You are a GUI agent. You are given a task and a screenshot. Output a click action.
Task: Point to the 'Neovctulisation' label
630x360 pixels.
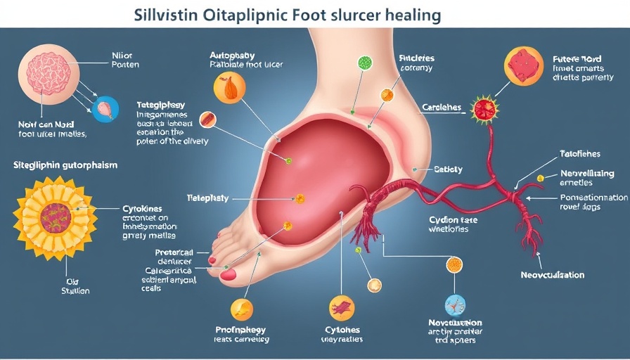tap(553, 275)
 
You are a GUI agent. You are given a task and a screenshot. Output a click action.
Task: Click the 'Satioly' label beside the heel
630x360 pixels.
tap(448, 169)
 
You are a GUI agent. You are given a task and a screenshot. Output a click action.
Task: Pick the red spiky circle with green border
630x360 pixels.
tap(484, 108)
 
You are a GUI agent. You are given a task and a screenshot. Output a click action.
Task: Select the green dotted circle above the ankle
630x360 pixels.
tap(365, 63)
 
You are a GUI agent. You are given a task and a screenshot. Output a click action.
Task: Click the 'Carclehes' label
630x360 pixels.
tap(442, 108)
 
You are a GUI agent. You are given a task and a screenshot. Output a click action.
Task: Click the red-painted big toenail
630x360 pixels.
tap(229, 274)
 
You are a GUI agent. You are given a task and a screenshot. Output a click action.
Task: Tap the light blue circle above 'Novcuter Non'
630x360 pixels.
tap(456, 304)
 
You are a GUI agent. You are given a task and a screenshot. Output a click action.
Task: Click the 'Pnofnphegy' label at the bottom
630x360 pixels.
tap(241, 330)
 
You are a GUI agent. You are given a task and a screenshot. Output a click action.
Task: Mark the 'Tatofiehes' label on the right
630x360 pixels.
tap(580, 153)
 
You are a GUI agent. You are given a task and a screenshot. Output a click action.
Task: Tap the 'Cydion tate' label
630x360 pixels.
tap(454, 220)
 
